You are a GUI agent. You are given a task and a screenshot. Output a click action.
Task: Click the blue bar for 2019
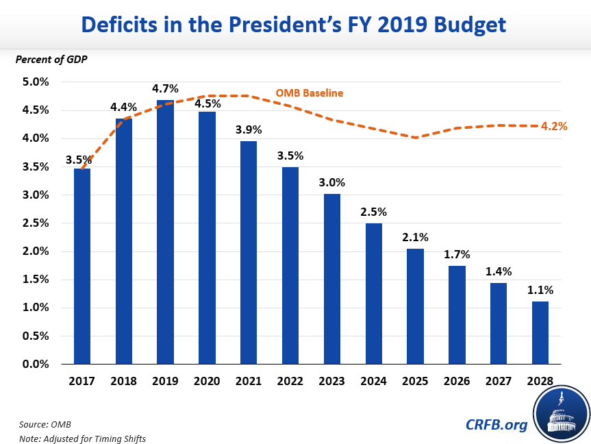pyautogui.click(x=165, y=233)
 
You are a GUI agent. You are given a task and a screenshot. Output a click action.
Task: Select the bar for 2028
pyautogui.click(x=540, y=333)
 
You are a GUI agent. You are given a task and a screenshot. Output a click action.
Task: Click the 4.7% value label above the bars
pyautogui.click(x=165, y=88)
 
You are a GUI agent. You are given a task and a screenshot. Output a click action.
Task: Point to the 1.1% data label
pyautogui.click(x=540, y=290)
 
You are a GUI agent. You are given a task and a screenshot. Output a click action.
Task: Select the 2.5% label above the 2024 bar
pyautogui.click(x=373, y=211)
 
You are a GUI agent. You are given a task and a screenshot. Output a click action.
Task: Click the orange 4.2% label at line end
pyautogui.click(x=554, y=126)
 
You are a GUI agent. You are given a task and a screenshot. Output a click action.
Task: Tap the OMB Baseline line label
pyautogui.click(x=310, y=92)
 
